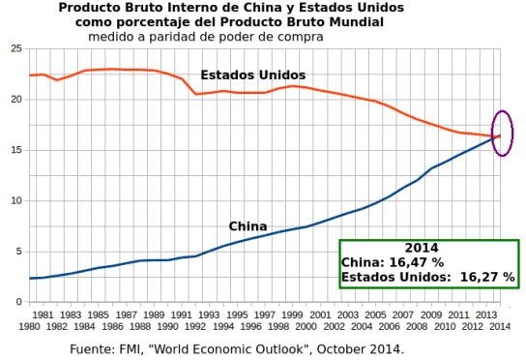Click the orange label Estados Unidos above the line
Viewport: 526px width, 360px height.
click(253, 75)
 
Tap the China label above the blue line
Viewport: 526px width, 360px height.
click(248, 226)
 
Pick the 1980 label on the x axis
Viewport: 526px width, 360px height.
click(27, 327)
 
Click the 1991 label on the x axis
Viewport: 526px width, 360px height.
click(181, 315)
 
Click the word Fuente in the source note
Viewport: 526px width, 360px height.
click(94, 348)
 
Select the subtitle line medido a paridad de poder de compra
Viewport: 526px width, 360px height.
click(205, 37)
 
